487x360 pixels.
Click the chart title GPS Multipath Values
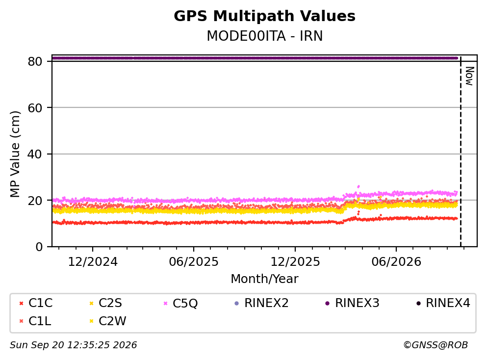click(x=264, y=16)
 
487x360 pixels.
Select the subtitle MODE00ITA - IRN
click(x=265, y=36)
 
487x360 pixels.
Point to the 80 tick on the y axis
click(x=35, y=61)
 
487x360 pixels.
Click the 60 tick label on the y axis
click(x=35, y=108)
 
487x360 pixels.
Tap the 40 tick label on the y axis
click(x=35, y=154)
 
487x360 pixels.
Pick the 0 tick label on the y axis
click(x=39, y=247)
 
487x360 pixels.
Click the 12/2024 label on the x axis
click(x=93, y=262)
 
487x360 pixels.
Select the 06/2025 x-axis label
click(x=194, y=262)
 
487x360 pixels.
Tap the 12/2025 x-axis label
click(x=295, y=262)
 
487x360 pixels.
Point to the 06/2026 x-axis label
click(x=396, y=262)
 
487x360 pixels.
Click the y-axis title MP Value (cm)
click(x=15, y=154)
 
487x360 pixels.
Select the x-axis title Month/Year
click(x=264, y=279)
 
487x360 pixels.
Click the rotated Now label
click(x=470, y=76)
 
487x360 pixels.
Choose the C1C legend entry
click(x=36, y=303)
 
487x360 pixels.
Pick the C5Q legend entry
click(x=181, y=303)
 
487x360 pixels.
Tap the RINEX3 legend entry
click(x=353, y=303)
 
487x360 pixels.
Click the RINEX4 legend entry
click(x=443, y=303)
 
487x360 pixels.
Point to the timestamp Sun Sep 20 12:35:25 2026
click(x=73, y=345)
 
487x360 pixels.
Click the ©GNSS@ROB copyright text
click(x=436, y=345)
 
